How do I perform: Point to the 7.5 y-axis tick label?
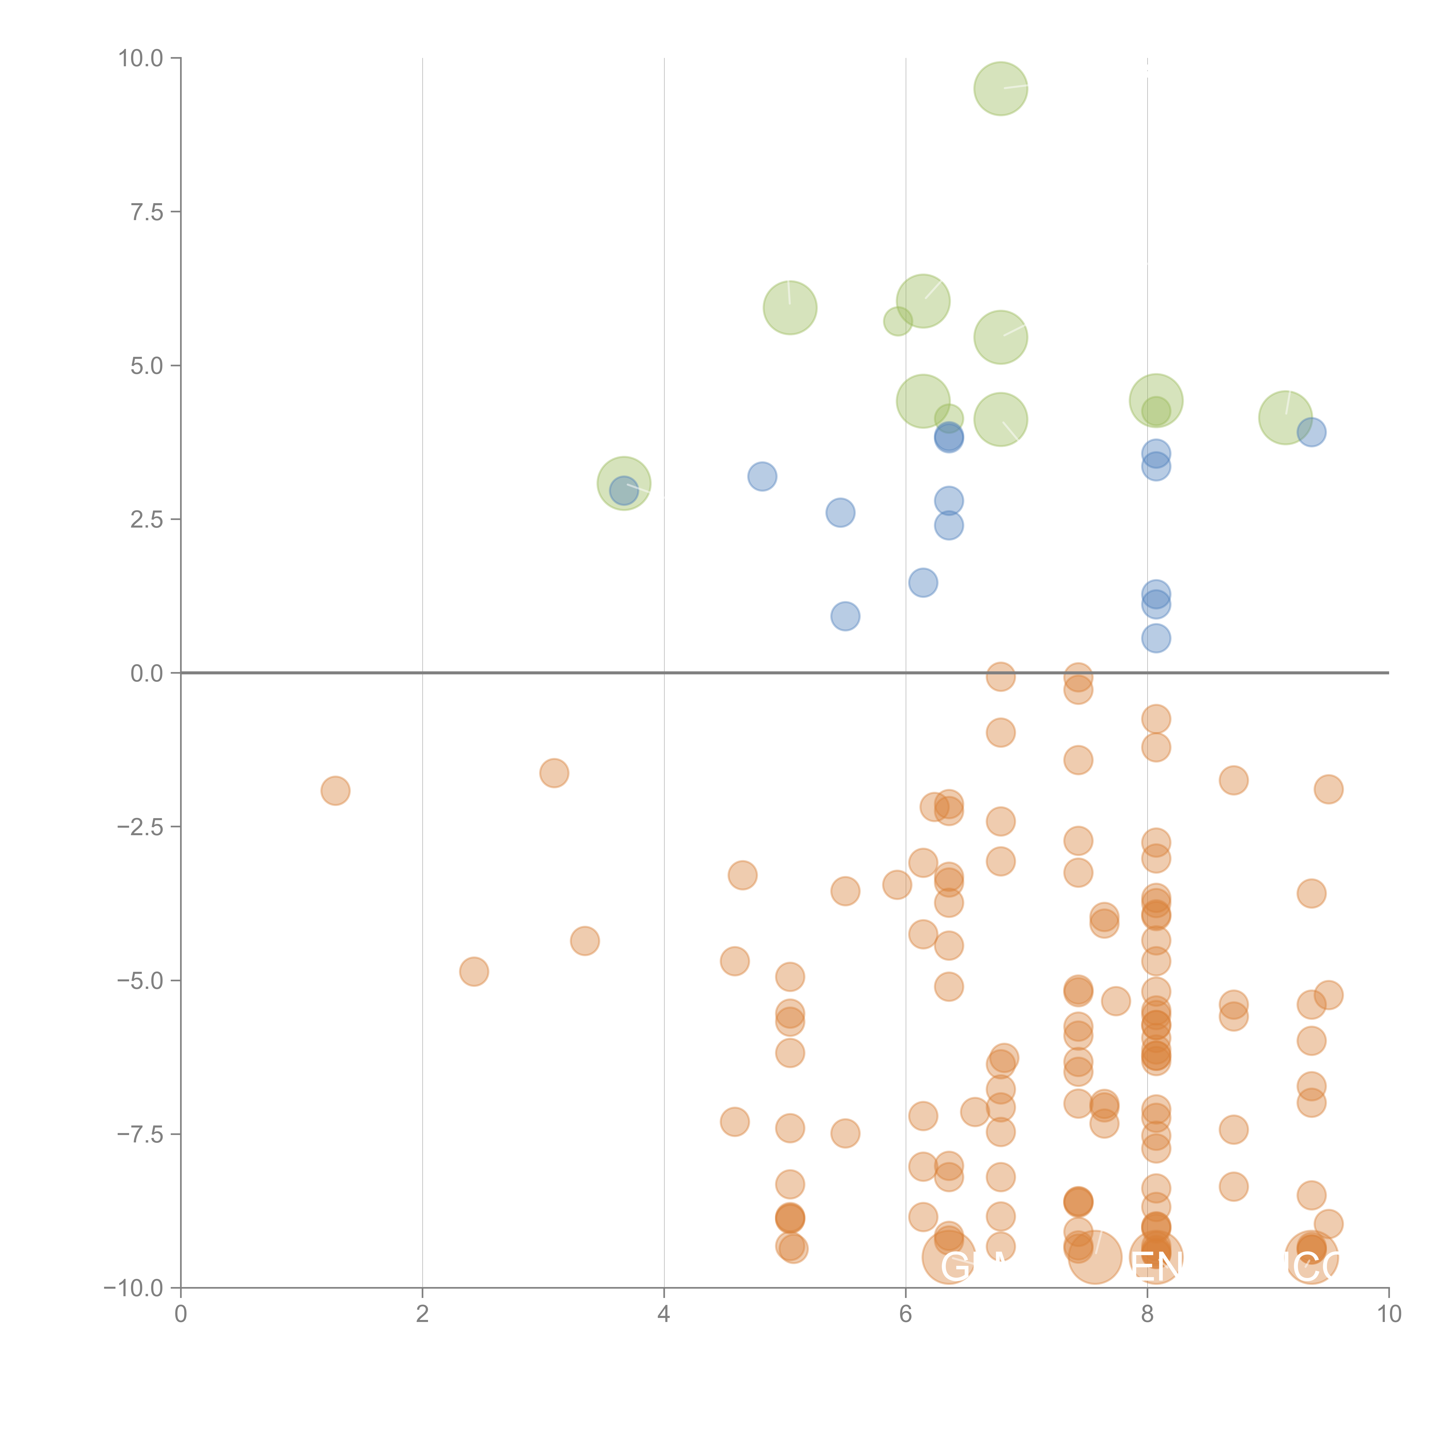147,212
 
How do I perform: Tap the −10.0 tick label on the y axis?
133,1288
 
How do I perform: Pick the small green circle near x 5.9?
897,322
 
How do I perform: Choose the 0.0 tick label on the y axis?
147,673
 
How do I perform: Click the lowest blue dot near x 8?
1156,638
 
